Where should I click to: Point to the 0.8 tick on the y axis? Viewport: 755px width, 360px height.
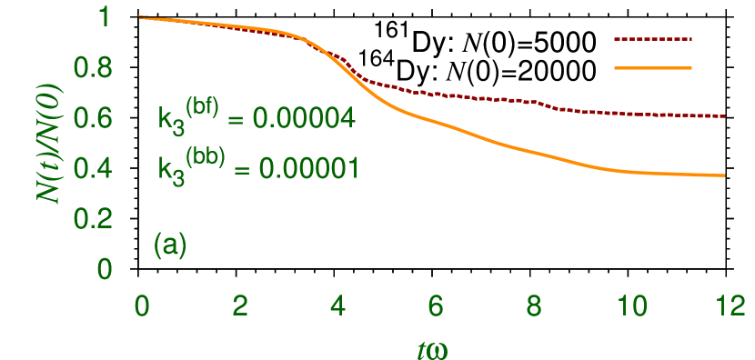(x=93, y=68)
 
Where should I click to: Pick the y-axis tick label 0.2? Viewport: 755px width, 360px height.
(x=93, y=219)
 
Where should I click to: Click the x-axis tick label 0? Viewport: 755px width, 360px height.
(x=141, y=306)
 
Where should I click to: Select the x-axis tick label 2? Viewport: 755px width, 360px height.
(x=239, y=306)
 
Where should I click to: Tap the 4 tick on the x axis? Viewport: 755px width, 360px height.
(x=337, y=306)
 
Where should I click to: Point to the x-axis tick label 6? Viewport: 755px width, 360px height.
(x=436, y=306)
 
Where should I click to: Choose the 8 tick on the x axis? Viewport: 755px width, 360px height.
(x=534, y=306)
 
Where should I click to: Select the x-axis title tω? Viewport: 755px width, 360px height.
(x=435, y=348)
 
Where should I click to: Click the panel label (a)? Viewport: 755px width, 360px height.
(x=170, y=245)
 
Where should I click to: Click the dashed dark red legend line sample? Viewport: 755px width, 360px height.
(x=653, y=40)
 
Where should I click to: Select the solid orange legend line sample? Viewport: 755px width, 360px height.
(x=653, y=67)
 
